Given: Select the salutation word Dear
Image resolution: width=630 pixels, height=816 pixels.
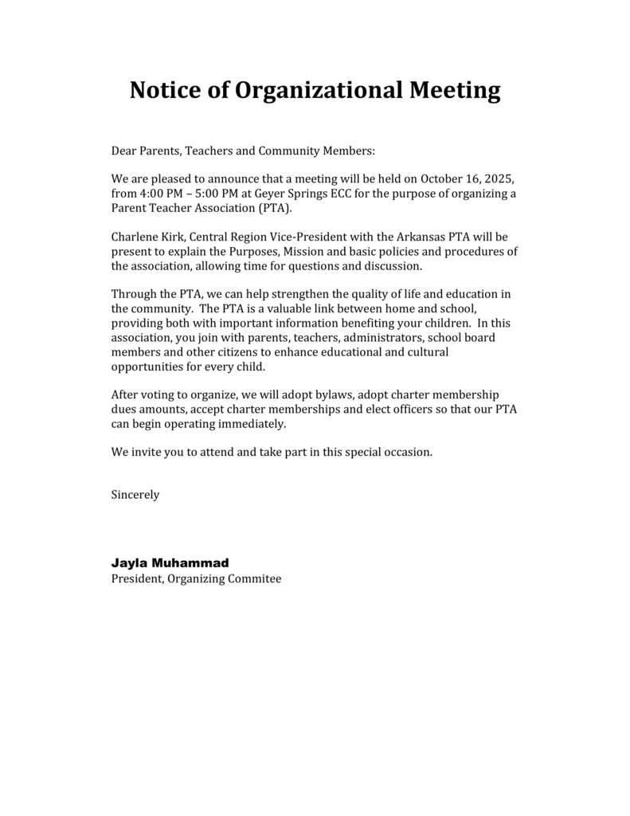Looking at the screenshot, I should coord(124,150).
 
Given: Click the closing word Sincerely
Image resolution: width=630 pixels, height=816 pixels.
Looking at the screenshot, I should coord(135,495).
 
